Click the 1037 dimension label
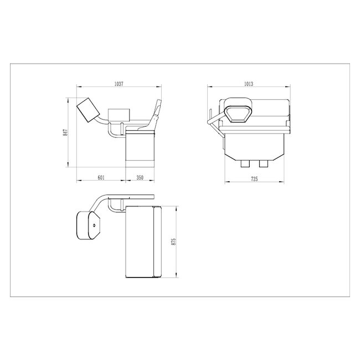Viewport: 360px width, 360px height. [118, 83]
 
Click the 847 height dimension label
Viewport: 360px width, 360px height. [65, 132]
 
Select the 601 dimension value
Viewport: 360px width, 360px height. [101, 177]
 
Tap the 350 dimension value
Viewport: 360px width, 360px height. [140, 177]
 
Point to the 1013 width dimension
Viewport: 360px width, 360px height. [248, 83]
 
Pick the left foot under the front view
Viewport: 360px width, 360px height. [245, 164]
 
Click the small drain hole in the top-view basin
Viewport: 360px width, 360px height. [95, 226]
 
